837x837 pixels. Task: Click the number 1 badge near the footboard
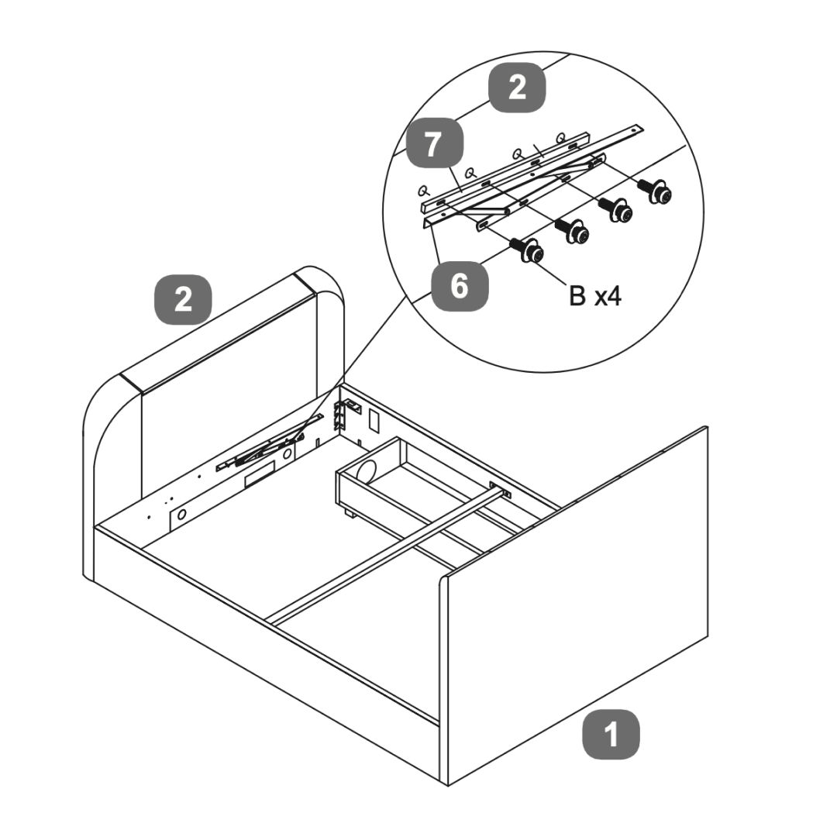(x=611, y=733)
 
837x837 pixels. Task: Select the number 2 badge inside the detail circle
(x=517, y=88)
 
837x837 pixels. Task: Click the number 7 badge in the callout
(x=435, y=145)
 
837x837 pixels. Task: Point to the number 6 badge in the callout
(x=460, y=286)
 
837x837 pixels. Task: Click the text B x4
(x=594, y=296)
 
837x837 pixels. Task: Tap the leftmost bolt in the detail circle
(x=528, y=250)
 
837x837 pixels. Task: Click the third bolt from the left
(x=616, y=208)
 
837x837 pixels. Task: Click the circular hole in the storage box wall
(x=367, y=469)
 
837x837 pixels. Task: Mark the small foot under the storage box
(x=348, y=514)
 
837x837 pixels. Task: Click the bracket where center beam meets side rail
(x=501, y=490)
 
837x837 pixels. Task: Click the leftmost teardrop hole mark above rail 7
(x=423, y=188)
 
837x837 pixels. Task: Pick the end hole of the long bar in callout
(x=637, y=128)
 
